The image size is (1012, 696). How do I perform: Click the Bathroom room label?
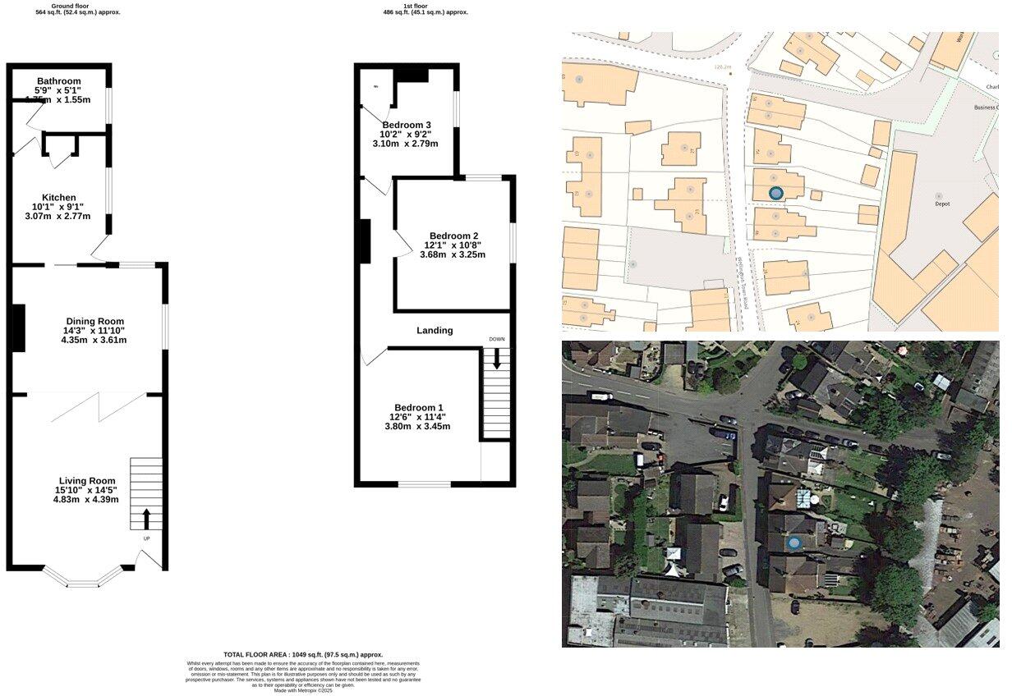(x=58, y=81)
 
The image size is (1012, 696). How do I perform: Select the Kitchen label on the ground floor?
(x=59, y=198)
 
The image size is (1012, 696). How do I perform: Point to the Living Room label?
(x=86, y=481)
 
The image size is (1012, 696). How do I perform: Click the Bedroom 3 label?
(x=406, y=125)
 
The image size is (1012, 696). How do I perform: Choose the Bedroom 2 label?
(x=453, y=236)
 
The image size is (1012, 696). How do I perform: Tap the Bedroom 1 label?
(x=418, y=408)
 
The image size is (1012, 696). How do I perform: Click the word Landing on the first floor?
(x=435, y=331)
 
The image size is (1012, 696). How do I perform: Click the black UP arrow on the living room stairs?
(x=147, y=518)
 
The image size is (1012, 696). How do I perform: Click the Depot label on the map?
(x=942, y=204)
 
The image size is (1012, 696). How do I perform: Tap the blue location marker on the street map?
(x=775, y=193)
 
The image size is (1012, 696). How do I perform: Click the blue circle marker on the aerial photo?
(x=794, y=543)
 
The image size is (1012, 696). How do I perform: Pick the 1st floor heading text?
(x=416, y=6)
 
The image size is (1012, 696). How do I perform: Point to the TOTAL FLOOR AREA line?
(x=303, y=655)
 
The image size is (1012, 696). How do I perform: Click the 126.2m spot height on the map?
(x=723, y=67)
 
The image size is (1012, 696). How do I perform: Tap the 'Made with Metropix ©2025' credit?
(x=303, y=691)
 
